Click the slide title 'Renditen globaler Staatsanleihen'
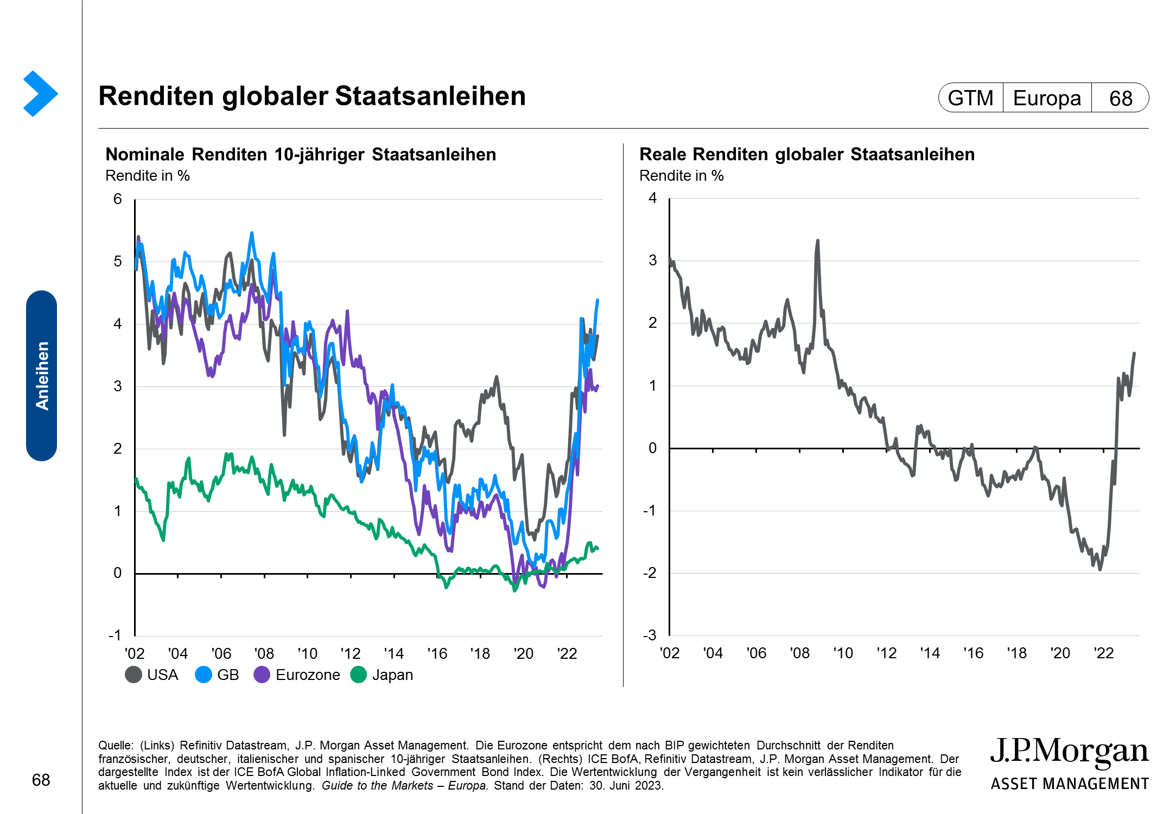pos(312,96)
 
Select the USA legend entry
pos(152,675)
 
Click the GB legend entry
pos(218,675)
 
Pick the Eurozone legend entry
pos(297,675)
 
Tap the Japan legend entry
pos(382,675)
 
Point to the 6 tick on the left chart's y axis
pos(118,199)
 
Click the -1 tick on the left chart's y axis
pos(115,635)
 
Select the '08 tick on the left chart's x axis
pos(264,653)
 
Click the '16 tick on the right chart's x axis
pos(973,653)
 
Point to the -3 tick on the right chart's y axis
pos(650,635)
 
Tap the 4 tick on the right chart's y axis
pos(652,198)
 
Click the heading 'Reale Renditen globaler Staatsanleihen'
pos(807,155)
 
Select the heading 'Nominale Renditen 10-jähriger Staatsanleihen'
pos(301,155)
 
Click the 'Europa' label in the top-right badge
pos(1047,98)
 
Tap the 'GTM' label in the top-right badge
pos(970,98)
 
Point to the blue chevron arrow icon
pos(40,93)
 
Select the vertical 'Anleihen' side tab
pos(42,376)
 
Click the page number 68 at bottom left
pos(41,780)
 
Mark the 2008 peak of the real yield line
pos(817,240)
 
